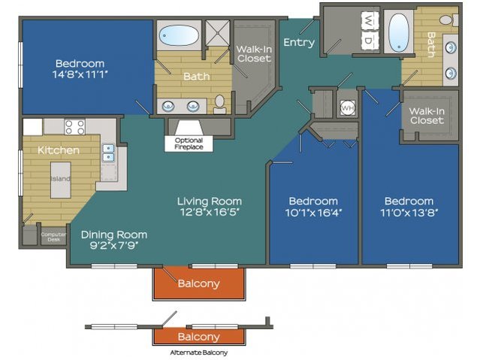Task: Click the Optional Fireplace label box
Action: point(189,144)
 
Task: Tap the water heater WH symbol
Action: point(348,107)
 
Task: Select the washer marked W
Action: point(370,21)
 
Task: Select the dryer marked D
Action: point(370,40)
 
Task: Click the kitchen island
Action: point(61,180)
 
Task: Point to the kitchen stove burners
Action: point(75,127)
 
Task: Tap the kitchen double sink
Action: point(108,153)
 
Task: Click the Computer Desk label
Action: point(53,237)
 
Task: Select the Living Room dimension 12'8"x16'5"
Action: point(210,212)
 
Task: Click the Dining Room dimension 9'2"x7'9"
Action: point(114,245)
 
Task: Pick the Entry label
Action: point(299,42)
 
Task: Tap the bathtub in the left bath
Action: point(179,35)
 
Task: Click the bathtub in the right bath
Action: point(399,32)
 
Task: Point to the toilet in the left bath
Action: point(219,104)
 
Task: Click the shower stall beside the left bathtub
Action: point(217,33)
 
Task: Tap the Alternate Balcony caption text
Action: point(198,352)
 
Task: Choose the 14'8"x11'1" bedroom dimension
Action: point(80,74)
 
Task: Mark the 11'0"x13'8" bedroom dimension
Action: point(409,212)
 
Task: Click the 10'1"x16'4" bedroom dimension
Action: point(313,212)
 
